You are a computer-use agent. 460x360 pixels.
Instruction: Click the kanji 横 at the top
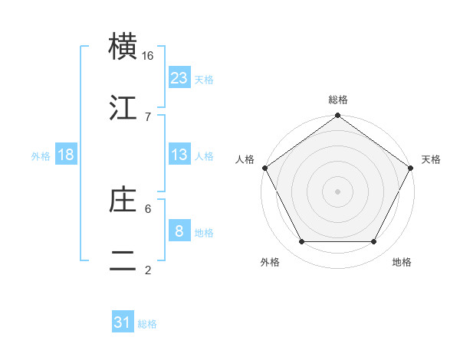point(124,47)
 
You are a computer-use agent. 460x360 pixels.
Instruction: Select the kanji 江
point(124,107)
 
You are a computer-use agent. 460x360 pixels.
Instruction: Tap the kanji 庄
point(124,199)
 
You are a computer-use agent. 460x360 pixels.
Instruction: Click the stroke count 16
point(148,56)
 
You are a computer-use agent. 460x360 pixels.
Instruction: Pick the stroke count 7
point(148,116)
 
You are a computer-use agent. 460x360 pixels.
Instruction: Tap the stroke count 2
point(148,270)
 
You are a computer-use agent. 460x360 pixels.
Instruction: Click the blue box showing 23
point(179,78)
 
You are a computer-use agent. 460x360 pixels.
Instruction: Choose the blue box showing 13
point(179,155)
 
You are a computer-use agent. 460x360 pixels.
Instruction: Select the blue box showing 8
point(179,231)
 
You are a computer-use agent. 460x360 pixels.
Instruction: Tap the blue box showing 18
point(66,155)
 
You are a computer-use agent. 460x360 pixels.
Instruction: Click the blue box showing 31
point(123,323)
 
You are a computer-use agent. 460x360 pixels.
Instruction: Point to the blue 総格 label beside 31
point(147,324)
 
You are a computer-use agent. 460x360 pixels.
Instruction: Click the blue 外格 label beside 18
point(41,155)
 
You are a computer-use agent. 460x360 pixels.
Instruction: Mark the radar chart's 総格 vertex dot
point(338,116)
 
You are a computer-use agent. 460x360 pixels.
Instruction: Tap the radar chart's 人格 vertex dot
point(265,168)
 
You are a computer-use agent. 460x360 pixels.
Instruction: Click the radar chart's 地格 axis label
point(402,263)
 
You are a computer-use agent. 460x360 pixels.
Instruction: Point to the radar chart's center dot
point(338,191)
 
